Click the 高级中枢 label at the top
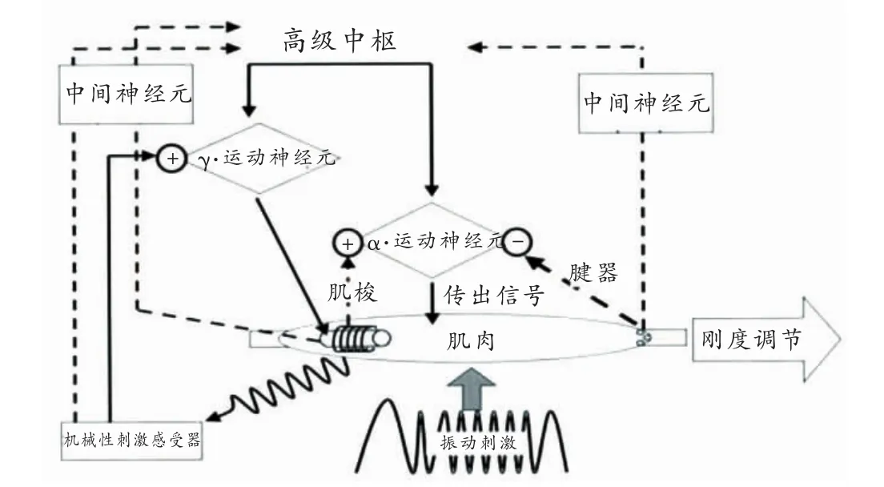click(340, 40)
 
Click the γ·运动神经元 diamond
click(258, 158)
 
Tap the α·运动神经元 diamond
click(432, 239)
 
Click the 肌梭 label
click(352, 294)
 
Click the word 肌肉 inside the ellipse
click(470, 342)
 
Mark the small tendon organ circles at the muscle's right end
click(642, 337)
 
